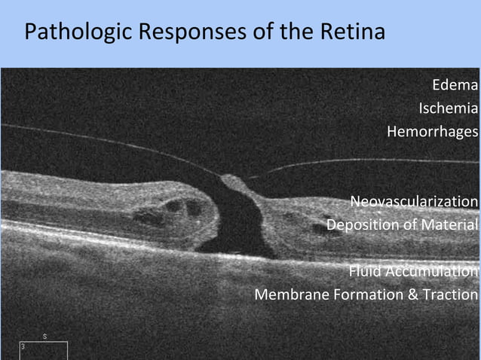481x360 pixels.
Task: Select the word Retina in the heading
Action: pyautogui.click(x=351, y=32)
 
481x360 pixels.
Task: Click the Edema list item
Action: pyautogui.click(x=455, y=85)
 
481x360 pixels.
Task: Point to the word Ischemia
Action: pyautogui.click(x=448, y=108)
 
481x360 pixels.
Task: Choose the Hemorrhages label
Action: pyautogui.click(x=432, y=132)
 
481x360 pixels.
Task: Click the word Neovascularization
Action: pyautogui.click(x=413, y=202)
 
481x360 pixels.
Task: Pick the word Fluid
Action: pyautogui.click(x=365, y=271)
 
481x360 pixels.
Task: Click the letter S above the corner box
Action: pyautogui.click(x=45, y=336)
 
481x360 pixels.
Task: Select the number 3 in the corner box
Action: pyautogui.click(x=23, y=346)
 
